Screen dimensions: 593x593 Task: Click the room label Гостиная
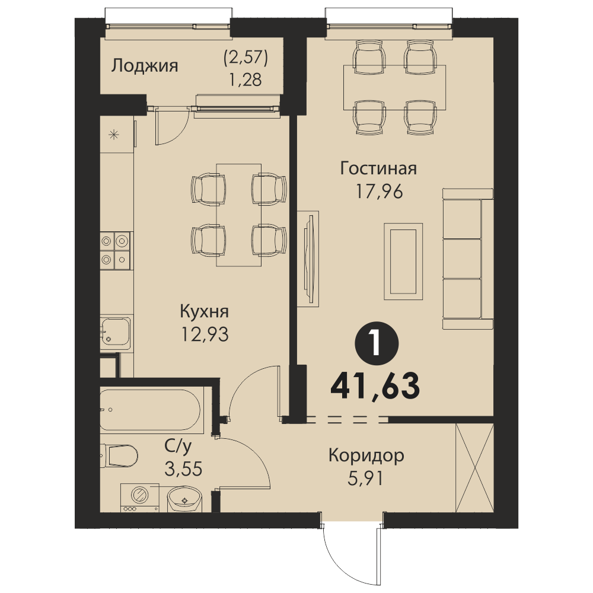378,168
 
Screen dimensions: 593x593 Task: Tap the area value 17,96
380,192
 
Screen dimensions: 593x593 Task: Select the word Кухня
204,312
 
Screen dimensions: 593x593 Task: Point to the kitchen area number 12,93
205,334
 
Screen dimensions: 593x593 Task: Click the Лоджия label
145,66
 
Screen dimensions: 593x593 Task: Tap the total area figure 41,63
375,386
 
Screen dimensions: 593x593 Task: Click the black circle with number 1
377,343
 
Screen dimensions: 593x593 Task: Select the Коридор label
366,456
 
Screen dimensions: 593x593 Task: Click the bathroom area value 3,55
183,469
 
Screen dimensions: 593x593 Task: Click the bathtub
152,410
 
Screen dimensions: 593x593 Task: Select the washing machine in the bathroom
139,498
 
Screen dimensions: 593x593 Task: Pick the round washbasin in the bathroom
184,499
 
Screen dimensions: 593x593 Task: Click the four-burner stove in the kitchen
115,250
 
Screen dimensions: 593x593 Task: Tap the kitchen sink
116,331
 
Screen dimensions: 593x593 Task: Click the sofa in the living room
468,259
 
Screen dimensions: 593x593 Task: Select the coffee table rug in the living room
403,262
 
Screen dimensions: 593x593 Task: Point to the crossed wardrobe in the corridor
474,468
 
